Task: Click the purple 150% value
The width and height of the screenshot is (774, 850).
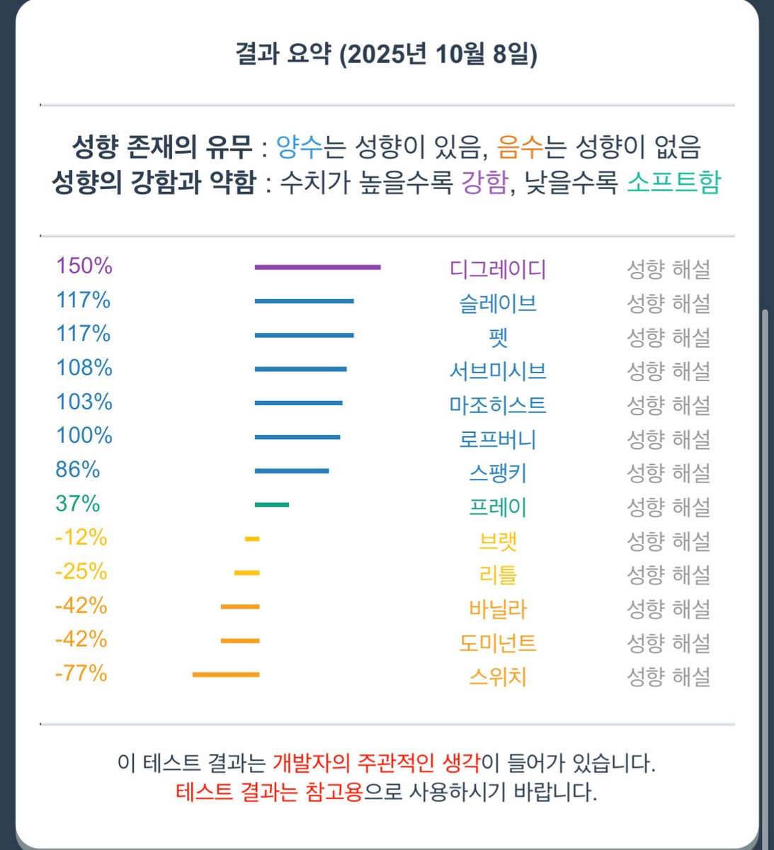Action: tap(84, 266)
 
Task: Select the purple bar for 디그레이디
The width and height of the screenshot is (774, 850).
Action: tap(317, 267)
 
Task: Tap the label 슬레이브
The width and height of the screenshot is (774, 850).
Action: tap(498, 303)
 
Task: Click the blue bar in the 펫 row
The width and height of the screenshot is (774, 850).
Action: tap(304, 335)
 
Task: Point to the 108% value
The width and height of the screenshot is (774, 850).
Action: tap(84, 368)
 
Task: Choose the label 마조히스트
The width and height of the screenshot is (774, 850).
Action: tap(498, 405)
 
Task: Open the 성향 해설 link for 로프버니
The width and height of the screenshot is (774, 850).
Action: tap(668, 439)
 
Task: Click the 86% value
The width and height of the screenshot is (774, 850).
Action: tap(78, 470)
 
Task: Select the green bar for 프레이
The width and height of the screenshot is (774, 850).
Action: tap(272, 504)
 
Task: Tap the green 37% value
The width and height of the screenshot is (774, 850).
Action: tap(78, 504)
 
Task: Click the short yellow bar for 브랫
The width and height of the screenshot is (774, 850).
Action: tap(252, 539)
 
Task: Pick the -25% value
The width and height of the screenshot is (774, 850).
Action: tap(81, 572)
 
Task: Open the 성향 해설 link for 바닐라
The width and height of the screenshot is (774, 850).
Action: tap(668, 609)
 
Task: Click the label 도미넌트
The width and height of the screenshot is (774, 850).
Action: tap(498, 643)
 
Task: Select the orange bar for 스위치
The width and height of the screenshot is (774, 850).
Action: tap(226, 674)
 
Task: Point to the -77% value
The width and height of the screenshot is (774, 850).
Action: tap(81, 673)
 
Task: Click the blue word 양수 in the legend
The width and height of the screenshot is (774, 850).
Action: tap(299, 147)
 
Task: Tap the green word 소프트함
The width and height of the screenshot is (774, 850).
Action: tap(673, 183)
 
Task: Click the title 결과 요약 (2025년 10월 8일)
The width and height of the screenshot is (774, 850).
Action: tap(387, 55)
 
